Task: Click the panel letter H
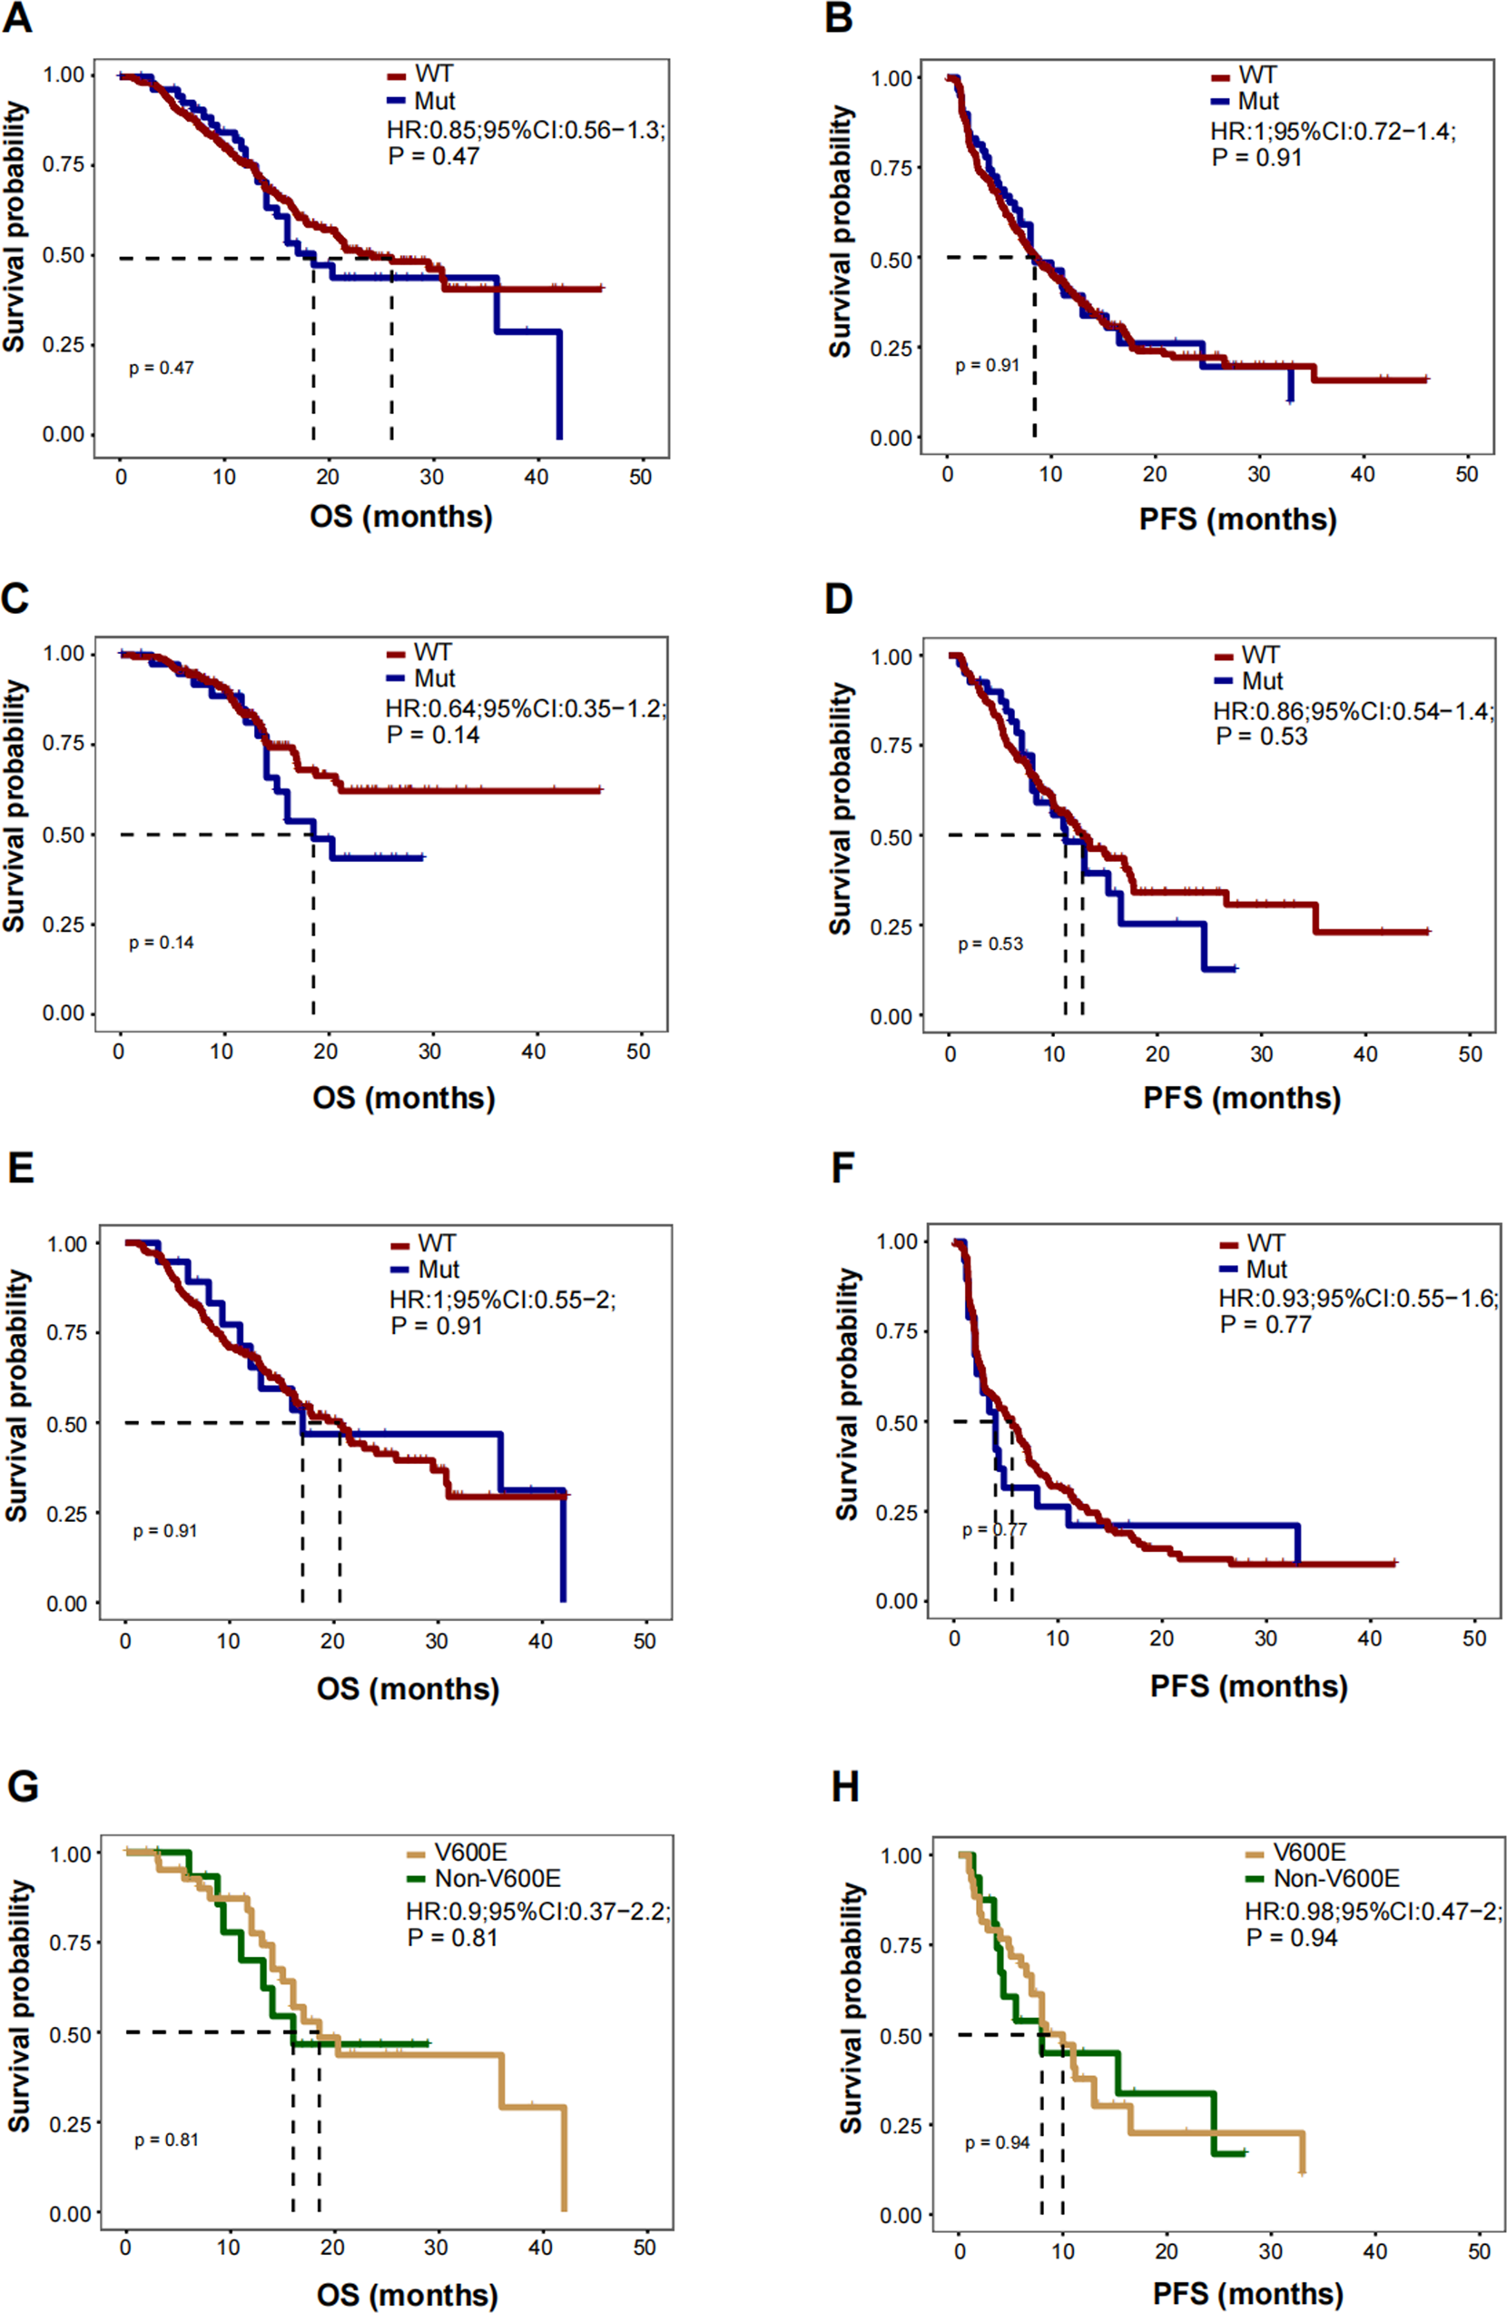(x=845, y=1787)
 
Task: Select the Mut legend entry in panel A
(x=433, y=101)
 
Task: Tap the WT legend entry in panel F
(x=1266, y=1243)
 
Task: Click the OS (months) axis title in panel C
(x=403, y=1098)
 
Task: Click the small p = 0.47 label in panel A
(x=162, y=369)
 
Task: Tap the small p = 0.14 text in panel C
(x=162, y=942)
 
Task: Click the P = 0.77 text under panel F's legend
(x=1266, y=1325)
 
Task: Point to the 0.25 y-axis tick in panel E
(x=67, y=1513)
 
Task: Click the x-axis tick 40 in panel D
(x=1365, y=1054)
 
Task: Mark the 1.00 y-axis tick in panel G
(x=71, y=1853)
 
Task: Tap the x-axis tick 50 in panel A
(x=640, y=477)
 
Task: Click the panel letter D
(x=839, y=598)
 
